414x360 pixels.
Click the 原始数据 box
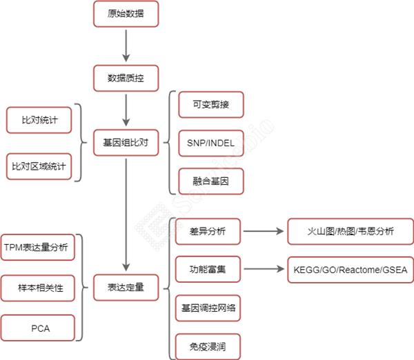(x=126, y=14)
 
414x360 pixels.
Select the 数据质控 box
(x=126, y=78)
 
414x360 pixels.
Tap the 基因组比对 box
(x=126, y=143)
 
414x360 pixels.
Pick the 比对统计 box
(x=39, y=120)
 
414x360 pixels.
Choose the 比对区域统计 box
(x=39, y=166)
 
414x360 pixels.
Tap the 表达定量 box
(x=126, y=287)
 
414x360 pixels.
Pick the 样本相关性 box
(x=39, y=288)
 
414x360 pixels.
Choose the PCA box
(x=39, y=328)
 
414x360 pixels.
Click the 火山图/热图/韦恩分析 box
(x=350, y=232)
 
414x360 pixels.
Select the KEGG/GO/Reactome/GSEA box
(x=350, y=270)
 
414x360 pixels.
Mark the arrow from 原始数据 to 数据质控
(x=126, y=46)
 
